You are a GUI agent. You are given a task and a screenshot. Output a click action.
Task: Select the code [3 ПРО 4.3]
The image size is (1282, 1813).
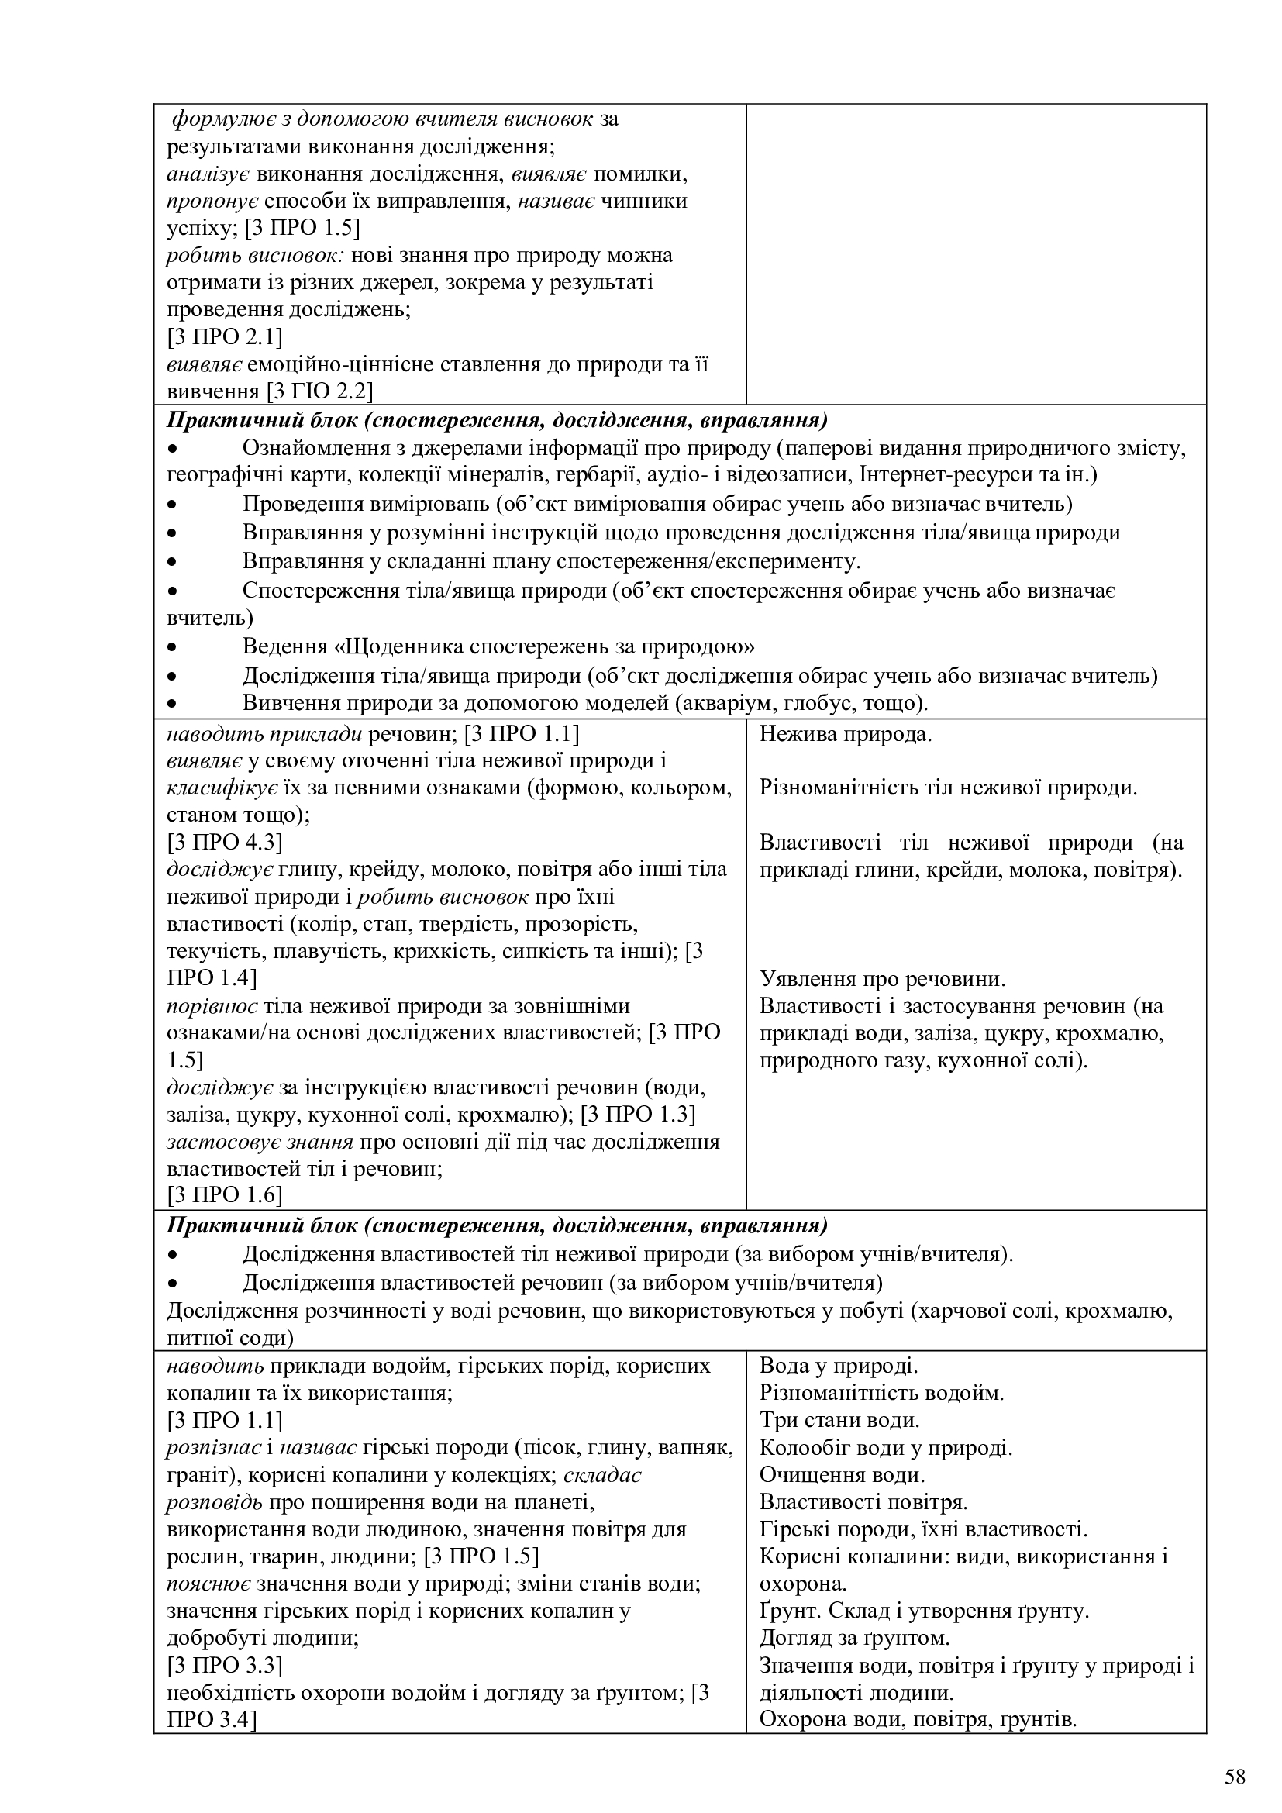224,843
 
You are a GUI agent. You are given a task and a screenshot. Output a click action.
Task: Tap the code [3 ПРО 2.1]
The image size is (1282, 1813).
224,337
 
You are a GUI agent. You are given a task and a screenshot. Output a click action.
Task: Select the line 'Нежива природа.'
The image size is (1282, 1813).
846,734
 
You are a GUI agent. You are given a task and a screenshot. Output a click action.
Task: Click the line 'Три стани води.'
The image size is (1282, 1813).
839,1420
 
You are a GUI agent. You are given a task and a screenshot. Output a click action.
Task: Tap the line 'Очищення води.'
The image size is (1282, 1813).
842,1474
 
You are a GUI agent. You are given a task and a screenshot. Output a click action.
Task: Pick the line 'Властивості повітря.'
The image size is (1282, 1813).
863,1502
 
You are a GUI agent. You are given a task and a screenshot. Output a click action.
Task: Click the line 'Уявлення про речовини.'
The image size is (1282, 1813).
882,979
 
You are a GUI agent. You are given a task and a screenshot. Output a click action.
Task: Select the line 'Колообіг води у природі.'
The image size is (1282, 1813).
886,1447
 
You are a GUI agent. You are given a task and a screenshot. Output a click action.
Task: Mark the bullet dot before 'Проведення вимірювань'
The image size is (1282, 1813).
173,505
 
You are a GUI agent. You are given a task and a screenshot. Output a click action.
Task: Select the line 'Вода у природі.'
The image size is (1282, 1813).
839,1365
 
